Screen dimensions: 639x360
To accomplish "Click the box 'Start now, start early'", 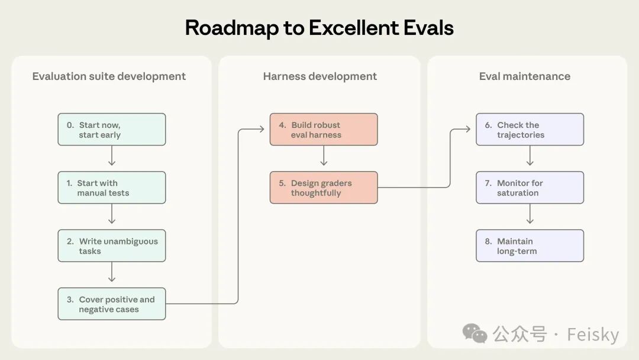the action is [x=112, y=129].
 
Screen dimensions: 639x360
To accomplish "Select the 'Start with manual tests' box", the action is [x=112, y=188].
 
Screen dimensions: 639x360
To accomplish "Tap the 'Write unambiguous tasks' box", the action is [x=112, y=246].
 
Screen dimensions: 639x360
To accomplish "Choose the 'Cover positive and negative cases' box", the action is [x=112, y=304].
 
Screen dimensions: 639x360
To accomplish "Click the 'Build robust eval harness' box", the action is [x=324, y=129].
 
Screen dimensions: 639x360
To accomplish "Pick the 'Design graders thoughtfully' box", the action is [x=324, y=188].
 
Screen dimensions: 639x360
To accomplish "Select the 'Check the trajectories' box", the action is [x=530, y=129].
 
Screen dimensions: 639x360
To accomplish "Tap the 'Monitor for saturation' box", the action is [x=530, y=188].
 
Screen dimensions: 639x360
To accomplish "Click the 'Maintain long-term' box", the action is [x=530, y=246].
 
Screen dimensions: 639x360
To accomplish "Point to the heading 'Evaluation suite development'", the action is [x=109, y=76].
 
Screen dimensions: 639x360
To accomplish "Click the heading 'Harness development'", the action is [x=320, y=76].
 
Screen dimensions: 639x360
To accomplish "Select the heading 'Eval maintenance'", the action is [x=524, y=76].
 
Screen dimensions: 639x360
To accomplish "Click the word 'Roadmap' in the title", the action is [x=232, y=28].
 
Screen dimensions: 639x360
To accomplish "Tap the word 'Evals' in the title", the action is [x=428, y=28].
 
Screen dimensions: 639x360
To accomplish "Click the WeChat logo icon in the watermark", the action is [x=475, y=333].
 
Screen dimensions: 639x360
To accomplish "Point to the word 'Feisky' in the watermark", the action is [x=593, y=335].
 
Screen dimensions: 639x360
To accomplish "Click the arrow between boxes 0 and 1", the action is [x=112, y=156].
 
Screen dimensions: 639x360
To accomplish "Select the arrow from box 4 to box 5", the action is [x=324, y=156].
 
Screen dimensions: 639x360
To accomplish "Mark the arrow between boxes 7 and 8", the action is [x=530, y=214].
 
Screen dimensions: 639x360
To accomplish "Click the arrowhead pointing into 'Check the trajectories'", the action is [x=467, y=129].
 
